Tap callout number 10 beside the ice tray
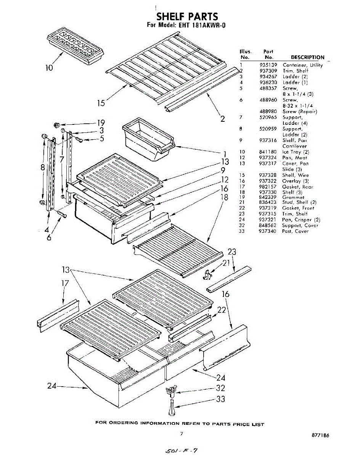[49, 68]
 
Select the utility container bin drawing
[148, 141]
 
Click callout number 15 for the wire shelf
[101, 103]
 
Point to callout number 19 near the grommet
[101, 123]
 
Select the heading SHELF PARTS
[187, 17]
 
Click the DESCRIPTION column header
[307, 58]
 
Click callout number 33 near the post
[220, 399]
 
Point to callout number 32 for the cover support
[220, 388]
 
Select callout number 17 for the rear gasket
[65, 284]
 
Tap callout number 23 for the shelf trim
[231, 252]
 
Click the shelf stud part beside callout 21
[207, 273]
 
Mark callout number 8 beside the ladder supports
[43, 167]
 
